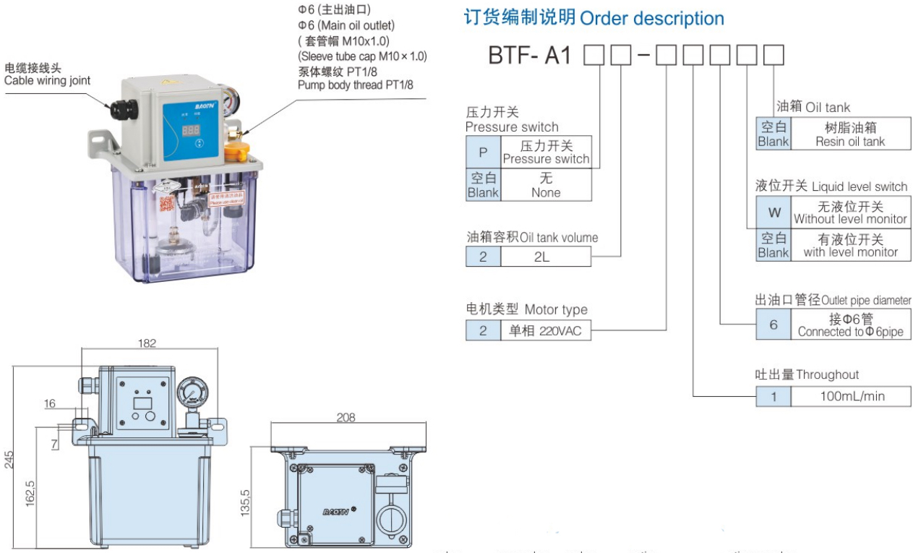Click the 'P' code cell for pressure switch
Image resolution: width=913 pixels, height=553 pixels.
483,153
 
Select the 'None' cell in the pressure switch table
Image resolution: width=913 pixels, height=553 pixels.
546,185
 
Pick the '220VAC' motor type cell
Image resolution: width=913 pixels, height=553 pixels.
545,331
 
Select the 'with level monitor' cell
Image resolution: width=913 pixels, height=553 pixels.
850,246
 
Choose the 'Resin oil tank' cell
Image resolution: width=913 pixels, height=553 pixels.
850,134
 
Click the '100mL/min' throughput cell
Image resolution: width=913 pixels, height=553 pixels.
852,396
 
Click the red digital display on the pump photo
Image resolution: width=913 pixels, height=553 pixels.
191,130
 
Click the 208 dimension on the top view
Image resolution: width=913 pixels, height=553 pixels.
345,417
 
